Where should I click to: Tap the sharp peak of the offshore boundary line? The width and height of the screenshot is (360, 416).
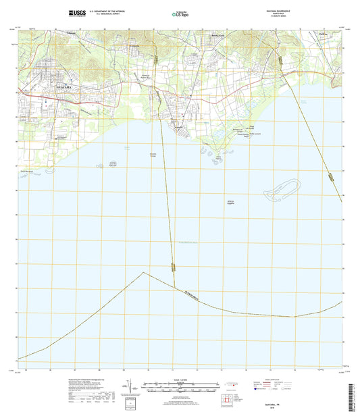click(143, 272)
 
